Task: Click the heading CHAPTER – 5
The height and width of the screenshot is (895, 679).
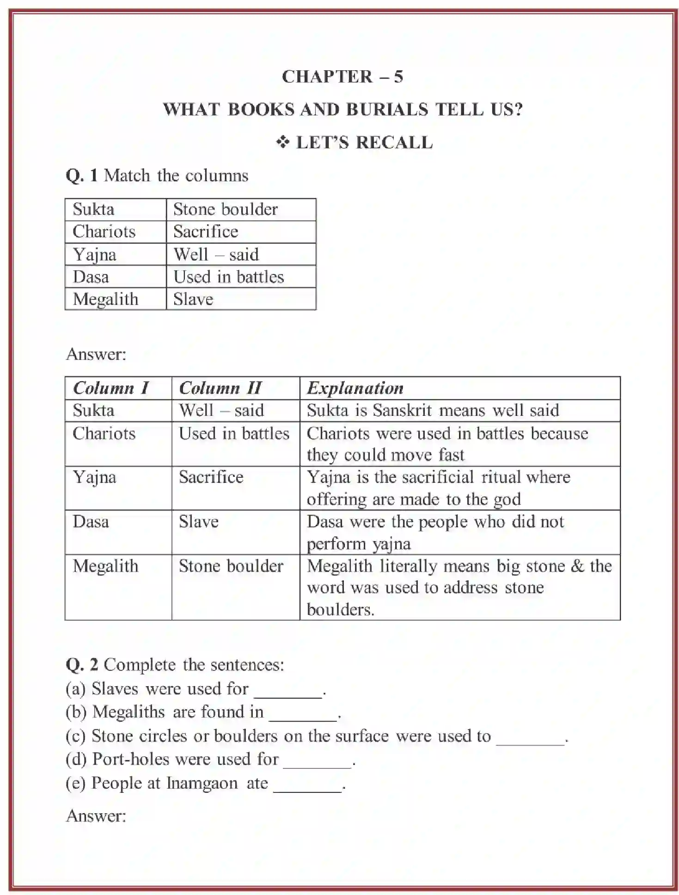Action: pos(342,77)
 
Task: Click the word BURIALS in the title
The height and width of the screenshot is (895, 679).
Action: pos(387,110)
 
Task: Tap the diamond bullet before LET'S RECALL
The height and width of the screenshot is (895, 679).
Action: pos(283,143)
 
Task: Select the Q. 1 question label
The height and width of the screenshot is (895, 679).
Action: pos(81,176)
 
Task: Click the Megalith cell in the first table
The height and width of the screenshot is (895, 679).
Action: pos(106,299)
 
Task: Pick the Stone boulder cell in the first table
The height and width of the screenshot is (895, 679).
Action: pos(226,209)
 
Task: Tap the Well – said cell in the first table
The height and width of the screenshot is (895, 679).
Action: pos(216,255)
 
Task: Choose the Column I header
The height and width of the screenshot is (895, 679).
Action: pos(111,388)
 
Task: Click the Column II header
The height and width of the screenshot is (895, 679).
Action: pos(220,388)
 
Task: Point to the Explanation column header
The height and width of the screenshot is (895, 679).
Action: pos(355,388)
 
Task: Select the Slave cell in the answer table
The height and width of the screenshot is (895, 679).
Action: pos(199,522)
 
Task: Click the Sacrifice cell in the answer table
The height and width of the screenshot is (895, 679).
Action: pos(211,477)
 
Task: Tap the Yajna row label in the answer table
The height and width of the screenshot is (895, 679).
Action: pos(94,477)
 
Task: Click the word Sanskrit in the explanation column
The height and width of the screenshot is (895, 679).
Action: pos(402,410)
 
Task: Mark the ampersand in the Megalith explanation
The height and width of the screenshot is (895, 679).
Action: pos(577,566)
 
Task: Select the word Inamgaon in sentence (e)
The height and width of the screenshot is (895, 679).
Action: pos(202,783)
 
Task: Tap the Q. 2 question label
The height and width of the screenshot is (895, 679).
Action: pos(82,665)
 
